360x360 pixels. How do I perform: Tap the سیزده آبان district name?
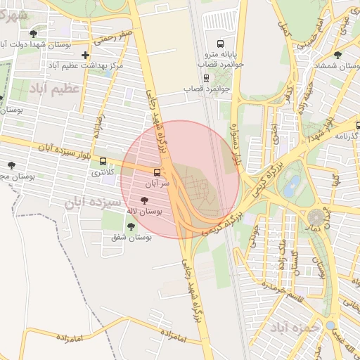point(94,202)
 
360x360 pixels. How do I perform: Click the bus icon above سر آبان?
point(157,172)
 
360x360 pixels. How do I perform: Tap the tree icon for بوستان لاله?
point(145,200)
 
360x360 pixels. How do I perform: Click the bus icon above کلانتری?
point(103,161)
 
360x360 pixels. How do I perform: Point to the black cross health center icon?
point(86,55)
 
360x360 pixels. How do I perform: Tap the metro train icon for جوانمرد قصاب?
point(206,78)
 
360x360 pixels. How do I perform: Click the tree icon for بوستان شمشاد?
point(338,54)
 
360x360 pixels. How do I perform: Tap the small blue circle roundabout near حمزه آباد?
point(330,326)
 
